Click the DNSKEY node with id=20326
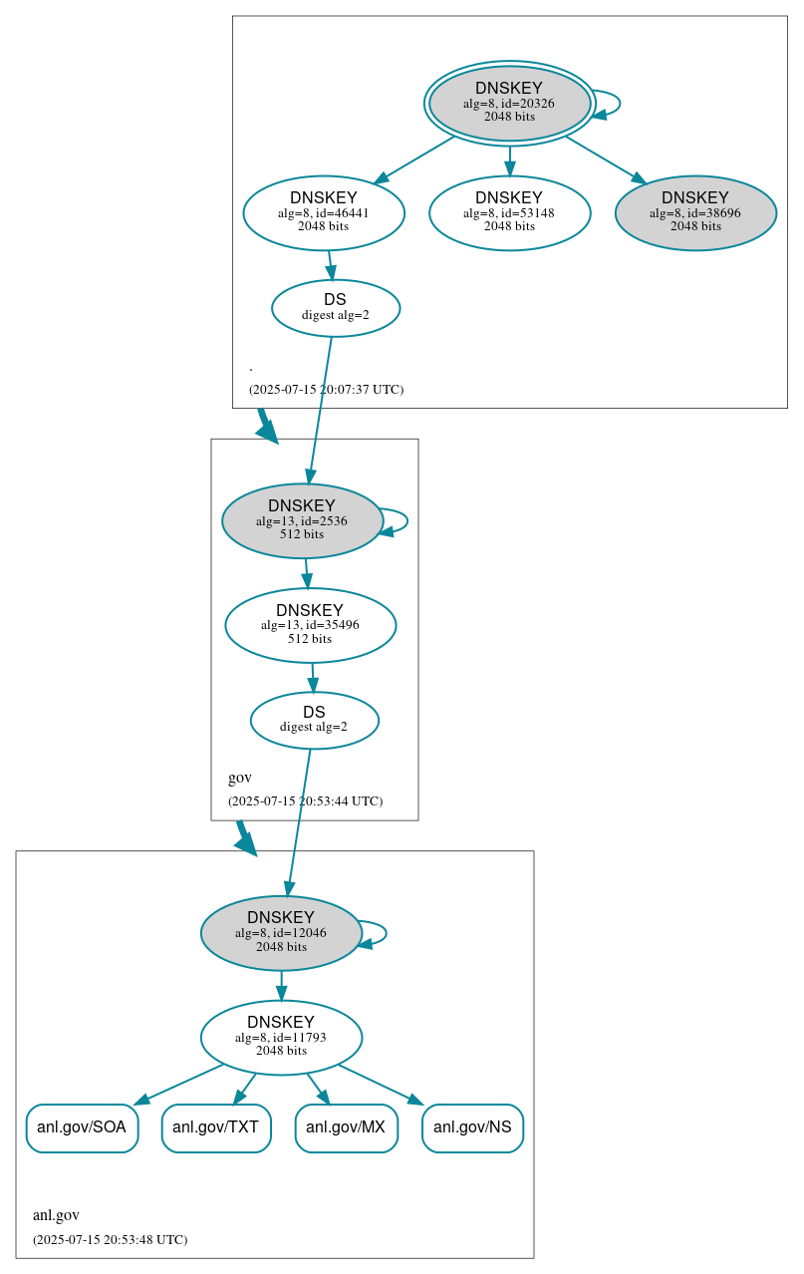point(509,103)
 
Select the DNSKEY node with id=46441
point(324,212)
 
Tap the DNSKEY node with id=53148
point(509,212)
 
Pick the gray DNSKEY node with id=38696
point(695,212)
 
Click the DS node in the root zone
point(336,308)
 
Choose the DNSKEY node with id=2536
point(302,520)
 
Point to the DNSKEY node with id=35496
point(310,625)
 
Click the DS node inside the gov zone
point(314,720)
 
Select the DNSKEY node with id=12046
point(281,933)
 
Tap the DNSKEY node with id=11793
point(281,1038)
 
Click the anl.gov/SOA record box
point(82,1128)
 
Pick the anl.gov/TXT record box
point(216,1128)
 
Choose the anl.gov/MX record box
point(347,1128)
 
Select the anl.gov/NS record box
point(472,1128)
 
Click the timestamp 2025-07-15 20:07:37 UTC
point(326,390)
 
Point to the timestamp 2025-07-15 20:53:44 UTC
point(305,801)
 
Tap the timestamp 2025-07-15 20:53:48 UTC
point(110,1240)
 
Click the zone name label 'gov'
point(240,778)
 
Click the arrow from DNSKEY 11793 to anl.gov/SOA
point(179,1084)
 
